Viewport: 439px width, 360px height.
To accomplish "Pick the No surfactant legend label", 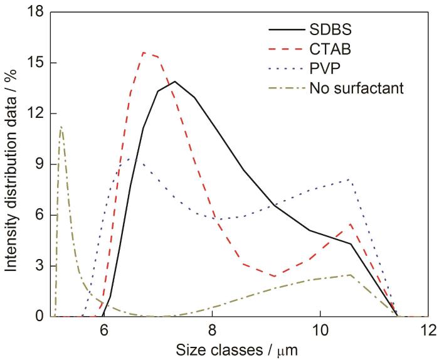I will coord(356,87).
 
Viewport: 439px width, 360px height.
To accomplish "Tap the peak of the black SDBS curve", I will coord(174,82).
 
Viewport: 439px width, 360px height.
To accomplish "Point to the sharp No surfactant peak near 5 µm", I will coord(61,127).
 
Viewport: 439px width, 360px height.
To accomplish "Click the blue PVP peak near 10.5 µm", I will coord(350,179).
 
